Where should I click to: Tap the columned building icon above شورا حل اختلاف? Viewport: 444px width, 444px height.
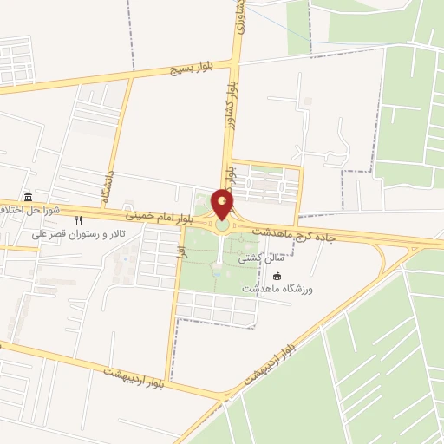[x=29, y=197]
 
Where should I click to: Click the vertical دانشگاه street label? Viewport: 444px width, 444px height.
[x=109, y=187]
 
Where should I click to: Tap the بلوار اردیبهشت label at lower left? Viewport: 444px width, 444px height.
[x=134, y=373]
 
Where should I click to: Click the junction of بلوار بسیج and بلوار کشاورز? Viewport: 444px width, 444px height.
[x=234, y=62]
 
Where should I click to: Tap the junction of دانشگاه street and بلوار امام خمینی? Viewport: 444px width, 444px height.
[x=101, y=208]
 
